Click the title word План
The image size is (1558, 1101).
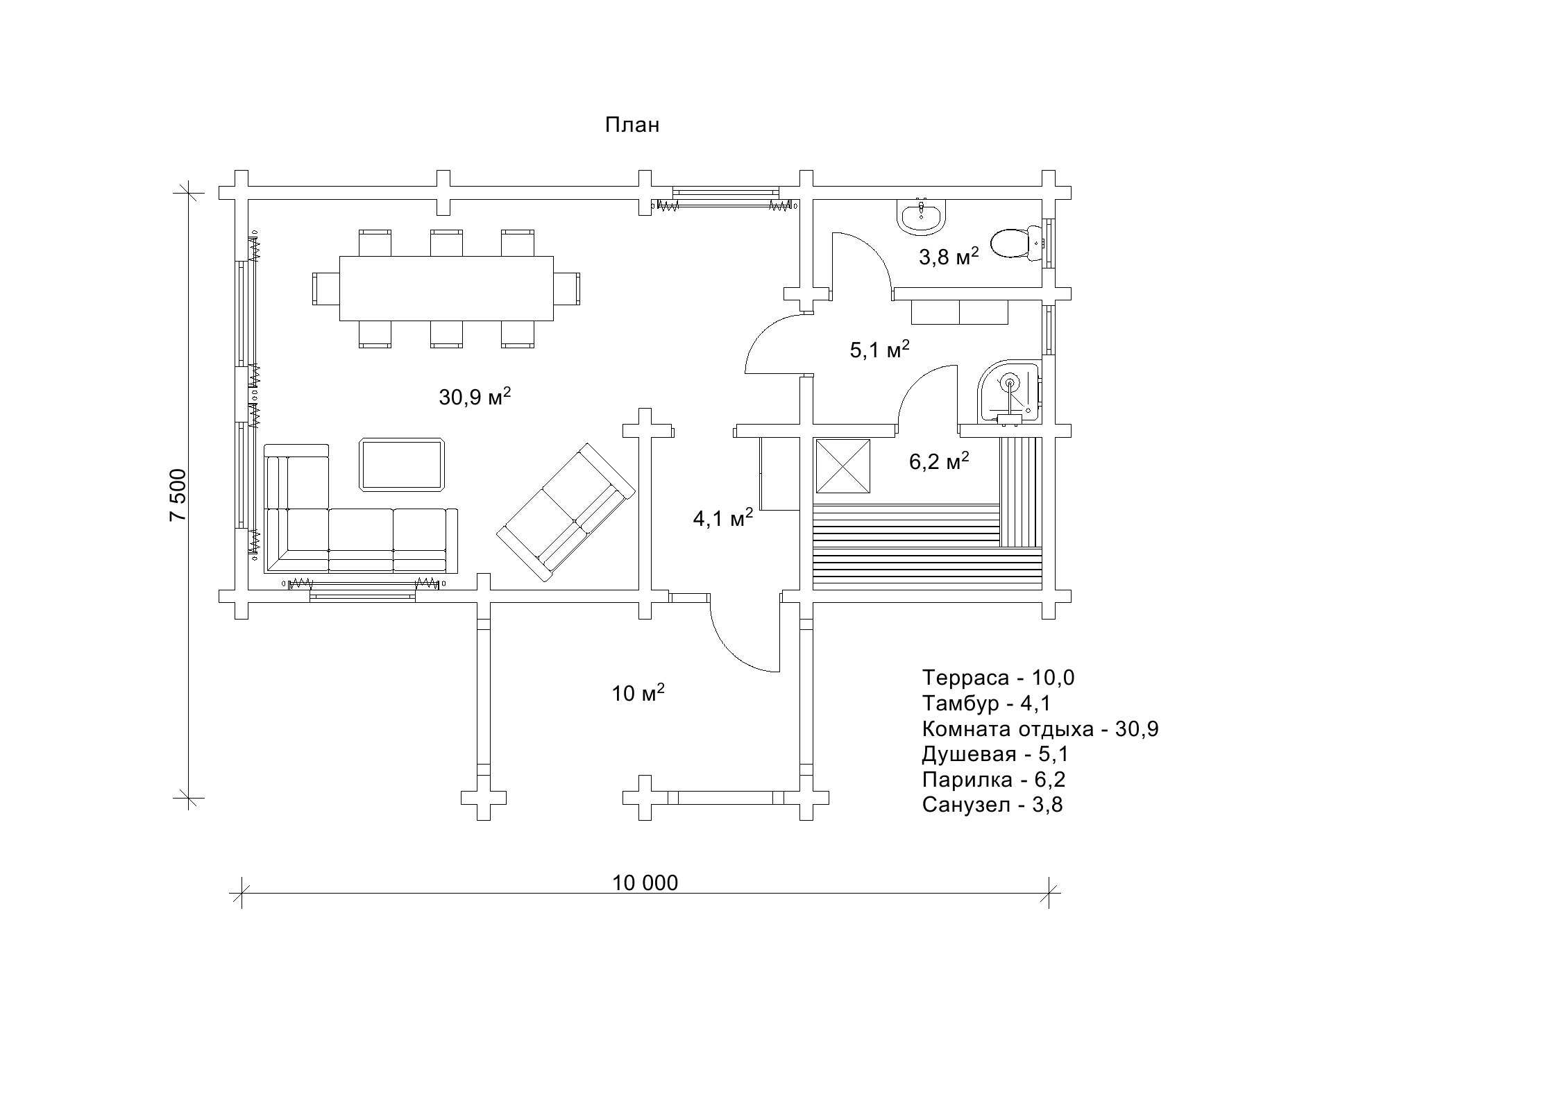point(632,125)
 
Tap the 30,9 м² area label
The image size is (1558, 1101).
point(475,398)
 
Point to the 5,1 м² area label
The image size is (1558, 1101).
point(879,350)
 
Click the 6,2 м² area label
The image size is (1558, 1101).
point(939,461)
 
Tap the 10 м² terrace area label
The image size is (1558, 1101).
point(638,692)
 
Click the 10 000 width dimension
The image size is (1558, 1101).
point(645,882)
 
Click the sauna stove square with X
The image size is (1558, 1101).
point(842,466)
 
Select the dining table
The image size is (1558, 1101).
point(446,288)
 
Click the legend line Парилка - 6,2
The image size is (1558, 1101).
point(993,780)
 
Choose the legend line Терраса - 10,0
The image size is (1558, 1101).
point(998,678)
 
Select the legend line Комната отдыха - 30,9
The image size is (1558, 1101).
point(1040,729)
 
